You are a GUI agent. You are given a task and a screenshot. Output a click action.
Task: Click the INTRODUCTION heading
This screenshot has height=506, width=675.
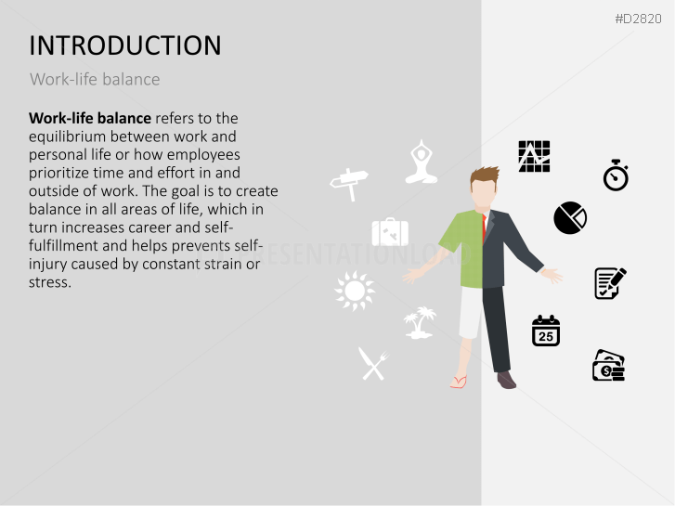click(x=125, y=45)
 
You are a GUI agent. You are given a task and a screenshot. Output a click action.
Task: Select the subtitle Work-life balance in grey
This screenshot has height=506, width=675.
click(x=95, y=80)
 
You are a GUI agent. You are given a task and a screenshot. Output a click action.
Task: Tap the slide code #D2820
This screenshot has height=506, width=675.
click(x=639, y=19)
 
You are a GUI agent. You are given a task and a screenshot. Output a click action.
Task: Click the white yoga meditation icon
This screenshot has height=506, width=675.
click(x=422, y=162)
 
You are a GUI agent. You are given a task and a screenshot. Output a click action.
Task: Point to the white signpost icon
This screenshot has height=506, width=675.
click(x=349, y=183)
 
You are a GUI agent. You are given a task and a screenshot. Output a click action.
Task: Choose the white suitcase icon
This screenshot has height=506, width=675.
click(x=390, y=232)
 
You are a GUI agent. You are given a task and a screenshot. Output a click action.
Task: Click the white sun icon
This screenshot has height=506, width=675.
click(x=355, y=292)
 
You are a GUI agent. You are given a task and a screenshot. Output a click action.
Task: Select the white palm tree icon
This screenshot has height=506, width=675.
click(x=421, y=322)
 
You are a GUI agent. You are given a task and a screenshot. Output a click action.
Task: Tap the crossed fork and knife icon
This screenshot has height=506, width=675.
click(x=372, y=364)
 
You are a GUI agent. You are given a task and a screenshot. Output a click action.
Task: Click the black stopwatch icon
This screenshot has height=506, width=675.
click(x=616, y=175)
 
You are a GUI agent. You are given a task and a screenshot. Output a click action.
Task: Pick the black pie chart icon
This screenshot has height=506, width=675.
click(x=570, y=218)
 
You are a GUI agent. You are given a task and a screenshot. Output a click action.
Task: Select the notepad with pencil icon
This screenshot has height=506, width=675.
click(x=610, y=283)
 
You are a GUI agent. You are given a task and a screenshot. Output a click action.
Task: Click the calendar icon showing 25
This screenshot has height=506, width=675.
click(x=546, y=331)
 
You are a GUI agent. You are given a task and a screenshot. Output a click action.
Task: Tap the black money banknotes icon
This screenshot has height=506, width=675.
click(x=608, y=366)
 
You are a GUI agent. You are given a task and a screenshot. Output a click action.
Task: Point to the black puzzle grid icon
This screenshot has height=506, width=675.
click(x=534, y=156)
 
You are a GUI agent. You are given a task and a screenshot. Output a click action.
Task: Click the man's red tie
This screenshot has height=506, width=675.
click(x=484, y=227)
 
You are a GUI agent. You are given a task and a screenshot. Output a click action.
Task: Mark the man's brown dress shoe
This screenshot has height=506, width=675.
click(x=506, y=380)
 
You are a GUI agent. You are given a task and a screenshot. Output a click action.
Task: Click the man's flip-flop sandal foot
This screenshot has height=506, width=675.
click(x=459, y=382)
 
